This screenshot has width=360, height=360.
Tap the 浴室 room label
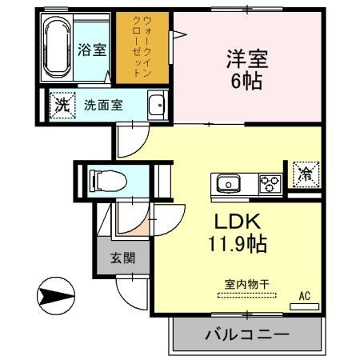point(92,50)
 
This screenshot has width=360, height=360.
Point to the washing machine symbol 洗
point(61,104)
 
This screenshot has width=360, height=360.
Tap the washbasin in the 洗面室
point(158,104)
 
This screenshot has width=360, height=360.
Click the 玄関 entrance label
point(122,258)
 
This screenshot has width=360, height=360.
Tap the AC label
point(304,295)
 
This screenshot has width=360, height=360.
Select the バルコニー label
point(246,334)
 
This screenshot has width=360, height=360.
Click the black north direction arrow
point(55,297)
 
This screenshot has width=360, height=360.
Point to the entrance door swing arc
point(128,288)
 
